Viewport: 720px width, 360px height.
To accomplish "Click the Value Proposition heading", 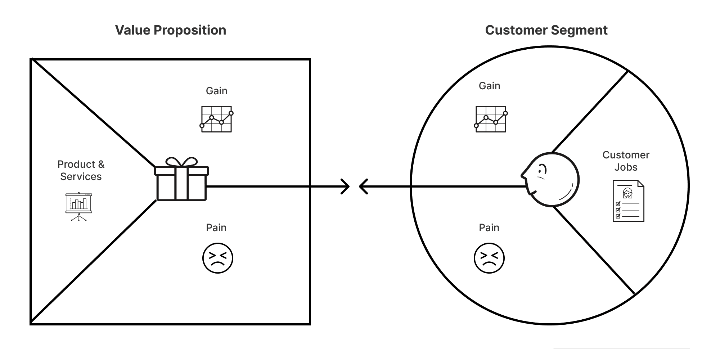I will point(171,30).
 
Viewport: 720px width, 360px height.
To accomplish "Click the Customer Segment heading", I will point(546,30).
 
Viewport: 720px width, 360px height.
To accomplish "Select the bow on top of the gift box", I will point(181,162).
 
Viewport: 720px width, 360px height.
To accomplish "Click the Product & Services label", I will point(81,170).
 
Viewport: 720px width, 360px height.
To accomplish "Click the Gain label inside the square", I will point(216,91).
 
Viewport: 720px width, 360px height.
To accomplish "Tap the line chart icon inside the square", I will point(216,119).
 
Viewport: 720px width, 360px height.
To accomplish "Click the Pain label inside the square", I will point(216,228).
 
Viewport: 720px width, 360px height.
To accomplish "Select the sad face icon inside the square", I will point(218,258).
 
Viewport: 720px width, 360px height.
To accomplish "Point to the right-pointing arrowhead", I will point(346,186).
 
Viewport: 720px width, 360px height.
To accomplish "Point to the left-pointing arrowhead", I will point(363,186).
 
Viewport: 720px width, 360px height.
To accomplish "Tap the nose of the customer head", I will point(523,176).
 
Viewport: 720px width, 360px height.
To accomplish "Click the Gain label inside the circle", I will point(489,86).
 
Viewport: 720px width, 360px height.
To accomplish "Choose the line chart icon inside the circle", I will point(491,119).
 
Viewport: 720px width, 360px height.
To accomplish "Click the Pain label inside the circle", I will point(489,228).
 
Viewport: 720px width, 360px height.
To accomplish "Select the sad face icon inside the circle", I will point(489,258).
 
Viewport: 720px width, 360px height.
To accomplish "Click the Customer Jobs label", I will point(626,161).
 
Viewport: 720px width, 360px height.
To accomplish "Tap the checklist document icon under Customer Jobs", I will point(628,201).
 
